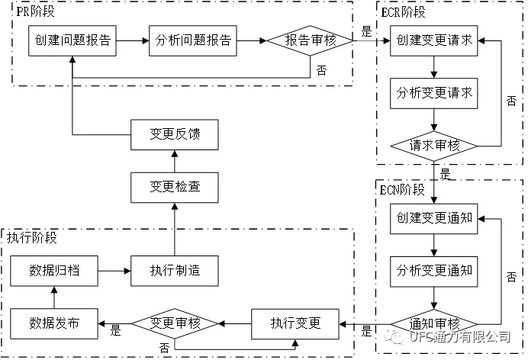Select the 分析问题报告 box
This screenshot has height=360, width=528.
(193, 40)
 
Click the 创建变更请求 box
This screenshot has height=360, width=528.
(434, 40)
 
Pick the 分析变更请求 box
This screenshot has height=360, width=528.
(434, 93)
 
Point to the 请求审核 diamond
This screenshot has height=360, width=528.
(434, 144)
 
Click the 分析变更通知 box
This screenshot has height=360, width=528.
(434, 271)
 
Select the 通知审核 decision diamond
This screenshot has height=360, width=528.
(434, 323)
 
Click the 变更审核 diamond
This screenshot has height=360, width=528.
(175, 323)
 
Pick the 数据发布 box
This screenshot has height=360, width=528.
(54, 323)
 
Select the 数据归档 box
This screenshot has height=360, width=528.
(54, 271)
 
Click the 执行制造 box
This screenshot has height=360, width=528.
(175, 271)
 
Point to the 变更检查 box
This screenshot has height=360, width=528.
(175, 186)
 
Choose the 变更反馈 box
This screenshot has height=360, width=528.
(175, 135)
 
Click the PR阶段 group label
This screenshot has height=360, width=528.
(37, 11)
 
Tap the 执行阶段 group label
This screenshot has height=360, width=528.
(32, 237)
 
